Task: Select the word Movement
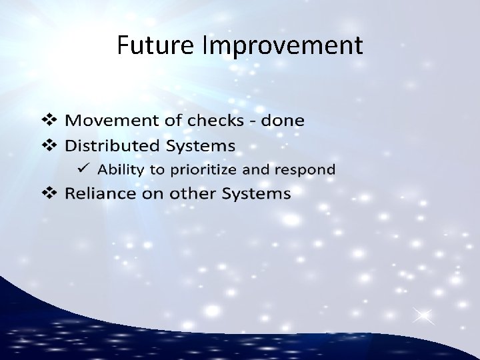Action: [110, 121]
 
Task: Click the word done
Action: [282, 121]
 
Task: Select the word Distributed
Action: [113, 145]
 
